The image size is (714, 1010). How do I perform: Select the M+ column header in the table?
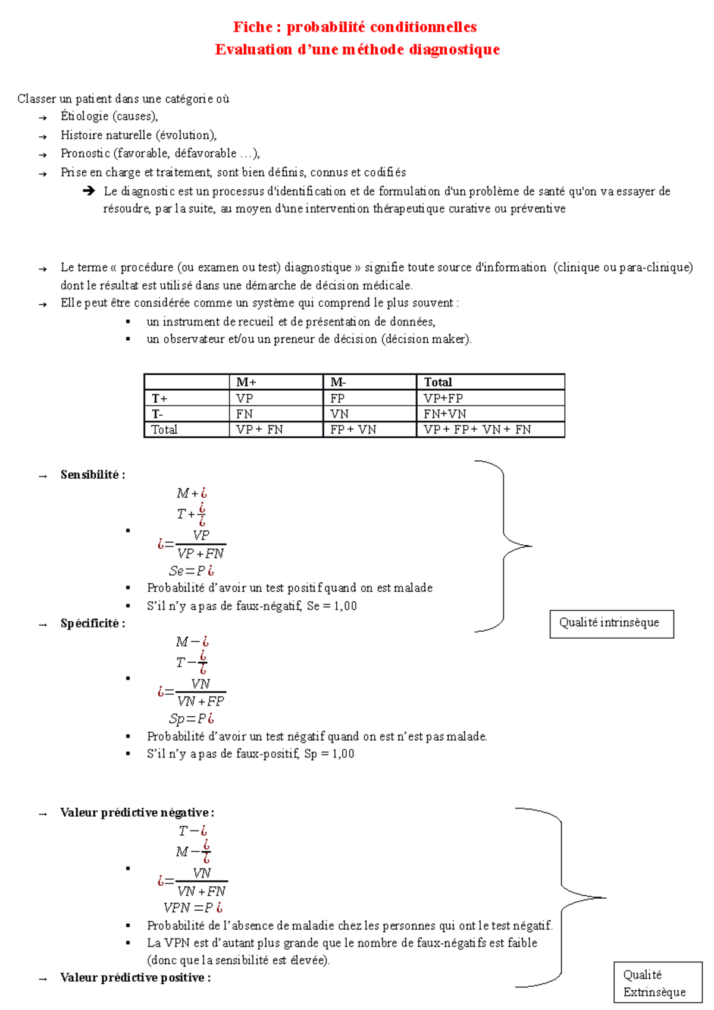pos(246,382)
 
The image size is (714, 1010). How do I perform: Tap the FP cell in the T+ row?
pos(337,399)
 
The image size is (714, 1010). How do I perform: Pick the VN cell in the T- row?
pos(339,414)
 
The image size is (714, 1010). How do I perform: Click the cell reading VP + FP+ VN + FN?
pos(477,429)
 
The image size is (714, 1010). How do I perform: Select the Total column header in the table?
pos(438,382)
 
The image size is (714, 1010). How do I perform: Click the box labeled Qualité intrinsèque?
pos(611,623)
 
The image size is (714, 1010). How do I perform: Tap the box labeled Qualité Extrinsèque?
pos(657,983)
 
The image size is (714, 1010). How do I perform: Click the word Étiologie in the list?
pos(84,117)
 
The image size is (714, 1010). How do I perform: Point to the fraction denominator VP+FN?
pos(201,554)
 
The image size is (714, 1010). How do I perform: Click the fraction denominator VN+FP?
pos(201,702)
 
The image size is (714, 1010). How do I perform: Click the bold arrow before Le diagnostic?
pos(89,191)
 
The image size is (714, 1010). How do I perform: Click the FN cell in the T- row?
pos(244,414)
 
